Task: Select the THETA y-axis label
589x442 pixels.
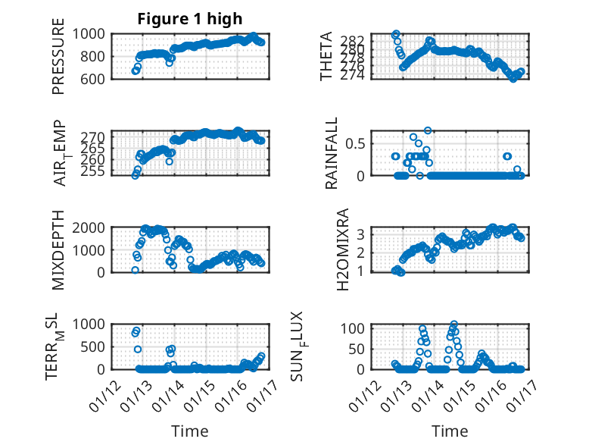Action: click(x=326, y=56)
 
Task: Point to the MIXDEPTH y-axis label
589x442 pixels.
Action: click(x=58, y=249)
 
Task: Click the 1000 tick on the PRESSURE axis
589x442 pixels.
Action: click(x=94, y=34)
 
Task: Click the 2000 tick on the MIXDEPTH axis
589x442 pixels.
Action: click(x=94, y=228)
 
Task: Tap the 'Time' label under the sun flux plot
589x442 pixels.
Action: click(x=450, y=431)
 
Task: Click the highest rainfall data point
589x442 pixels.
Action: click(x=428, y=130)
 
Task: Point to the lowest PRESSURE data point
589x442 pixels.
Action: click(x=135, y=71)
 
